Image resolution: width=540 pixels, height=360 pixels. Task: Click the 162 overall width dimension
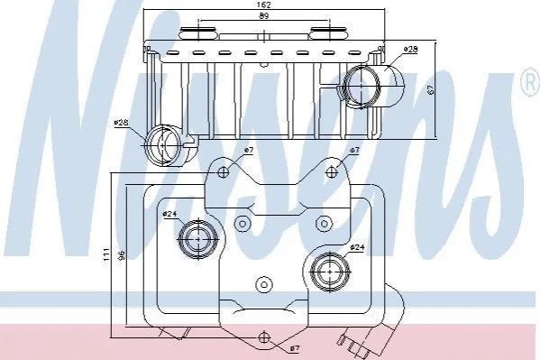click(x=264, y=5)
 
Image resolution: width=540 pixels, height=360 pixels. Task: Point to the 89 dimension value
click(x=264, y=15)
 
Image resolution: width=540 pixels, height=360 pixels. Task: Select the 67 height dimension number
click(x=430, y=89)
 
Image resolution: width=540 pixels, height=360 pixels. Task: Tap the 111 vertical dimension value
click(x=106, y=254)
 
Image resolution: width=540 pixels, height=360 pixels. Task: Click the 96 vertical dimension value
click(x=121, y=255)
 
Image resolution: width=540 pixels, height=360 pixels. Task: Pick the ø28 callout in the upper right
click(x=410, y=50)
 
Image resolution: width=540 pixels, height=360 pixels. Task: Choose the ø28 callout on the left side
click(x=121, y=123)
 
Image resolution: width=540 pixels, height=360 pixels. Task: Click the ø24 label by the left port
click(x=169, y=214)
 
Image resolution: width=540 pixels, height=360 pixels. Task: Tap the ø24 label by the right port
click(x=357, y=247)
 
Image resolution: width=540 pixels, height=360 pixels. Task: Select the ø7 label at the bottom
click(x=295, y=348)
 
